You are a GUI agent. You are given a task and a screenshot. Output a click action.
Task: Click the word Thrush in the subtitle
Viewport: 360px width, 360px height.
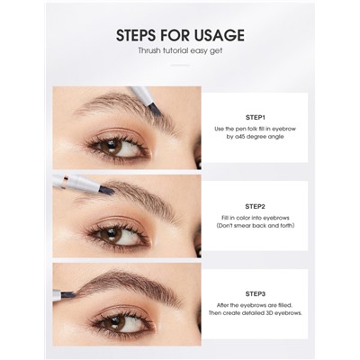[148, 50]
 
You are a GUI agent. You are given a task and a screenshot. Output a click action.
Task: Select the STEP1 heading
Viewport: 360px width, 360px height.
[255, 117]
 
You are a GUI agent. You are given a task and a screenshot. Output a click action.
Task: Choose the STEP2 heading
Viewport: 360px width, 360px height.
[255, 206]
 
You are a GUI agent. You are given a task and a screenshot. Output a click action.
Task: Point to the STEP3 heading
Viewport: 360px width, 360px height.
[255, 294]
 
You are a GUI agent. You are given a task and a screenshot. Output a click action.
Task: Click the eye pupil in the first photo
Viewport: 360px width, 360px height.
[111, 146]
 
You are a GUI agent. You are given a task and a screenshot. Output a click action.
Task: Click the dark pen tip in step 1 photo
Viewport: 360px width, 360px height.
[155, 109]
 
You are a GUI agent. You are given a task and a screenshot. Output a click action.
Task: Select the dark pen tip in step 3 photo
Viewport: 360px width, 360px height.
[67, 294]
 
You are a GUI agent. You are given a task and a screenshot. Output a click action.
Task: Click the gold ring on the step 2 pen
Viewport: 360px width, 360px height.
[64, 182]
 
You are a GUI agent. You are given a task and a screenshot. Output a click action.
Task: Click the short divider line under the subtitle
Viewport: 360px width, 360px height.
[180, 65]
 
